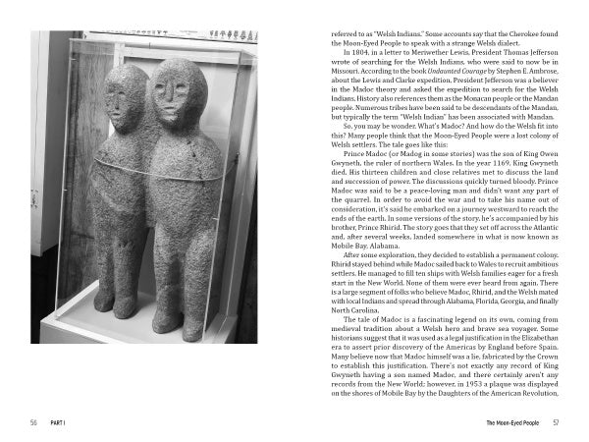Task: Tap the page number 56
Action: [x=32, y=422]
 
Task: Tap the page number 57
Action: [x=556, y=422]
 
